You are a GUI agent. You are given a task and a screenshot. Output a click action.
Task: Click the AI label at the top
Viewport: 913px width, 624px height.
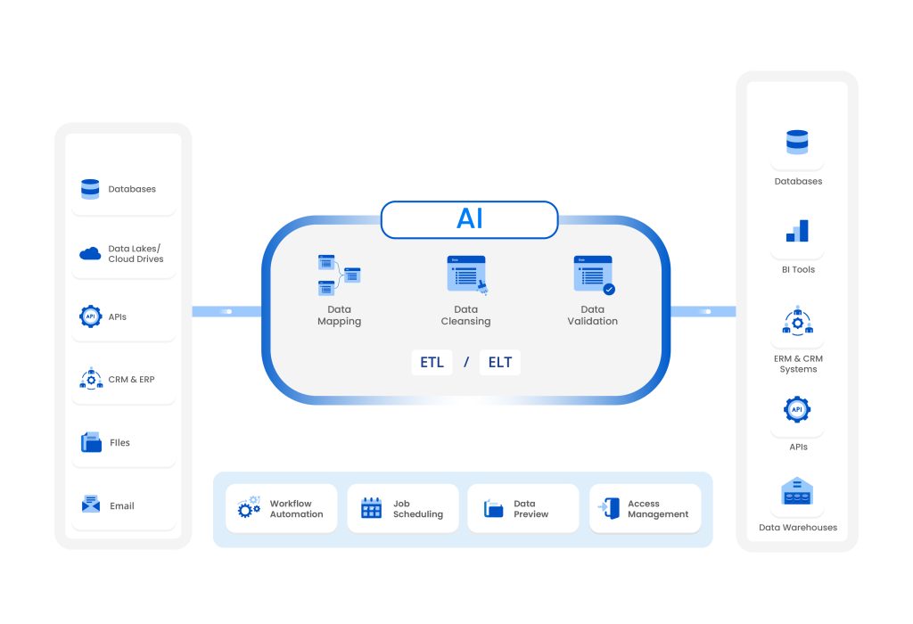[x=469, y=219]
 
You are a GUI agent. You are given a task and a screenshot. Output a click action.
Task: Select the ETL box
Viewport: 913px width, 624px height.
[x=432, y=363]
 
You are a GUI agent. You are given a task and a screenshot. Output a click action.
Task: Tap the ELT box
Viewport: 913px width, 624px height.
[x=499, y=363]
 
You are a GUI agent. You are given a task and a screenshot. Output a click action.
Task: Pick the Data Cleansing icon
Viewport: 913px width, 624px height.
[x=466, y=275]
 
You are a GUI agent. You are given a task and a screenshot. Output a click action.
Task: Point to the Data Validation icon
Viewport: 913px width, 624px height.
[x=594, y=275]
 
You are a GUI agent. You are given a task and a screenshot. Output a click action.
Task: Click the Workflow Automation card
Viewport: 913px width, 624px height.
[x=281, y=509]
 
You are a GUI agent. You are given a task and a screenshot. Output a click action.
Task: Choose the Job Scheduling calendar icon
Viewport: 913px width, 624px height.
[x=371, y=509]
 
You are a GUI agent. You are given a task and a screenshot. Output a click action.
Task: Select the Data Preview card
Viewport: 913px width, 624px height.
[x=523, y=509]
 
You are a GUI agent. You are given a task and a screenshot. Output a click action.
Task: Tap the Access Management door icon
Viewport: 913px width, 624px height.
[x=610, y=509]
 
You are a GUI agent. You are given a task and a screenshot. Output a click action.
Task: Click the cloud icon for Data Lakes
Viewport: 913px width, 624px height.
[x=90, y=254]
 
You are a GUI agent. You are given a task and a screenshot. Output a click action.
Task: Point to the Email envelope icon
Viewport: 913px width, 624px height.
[x=90, y=505]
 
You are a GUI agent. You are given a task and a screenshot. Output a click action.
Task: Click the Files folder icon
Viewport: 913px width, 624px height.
[x=91, y=442]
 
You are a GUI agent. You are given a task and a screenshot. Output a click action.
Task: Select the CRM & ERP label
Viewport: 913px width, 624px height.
[x=131, y=380]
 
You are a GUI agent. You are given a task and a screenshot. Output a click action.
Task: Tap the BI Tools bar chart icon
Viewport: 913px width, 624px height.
[x=797, y=232]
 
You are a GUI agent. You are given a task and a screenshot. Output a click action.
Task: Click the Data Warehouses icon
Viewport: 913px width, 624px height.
[x=797, y=492]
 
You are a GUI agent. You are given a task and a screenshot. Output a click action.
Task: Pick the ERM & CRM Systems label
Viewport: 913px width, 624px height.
[x=798, y=364]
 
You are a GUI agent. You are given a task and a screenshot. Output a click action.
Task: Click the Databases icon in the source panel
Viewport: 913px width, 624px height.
[x=90, y=189]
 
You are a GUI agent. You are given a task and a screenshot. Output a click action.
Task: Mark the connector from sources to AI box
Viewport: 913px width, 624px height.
[x=226, y=311]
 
